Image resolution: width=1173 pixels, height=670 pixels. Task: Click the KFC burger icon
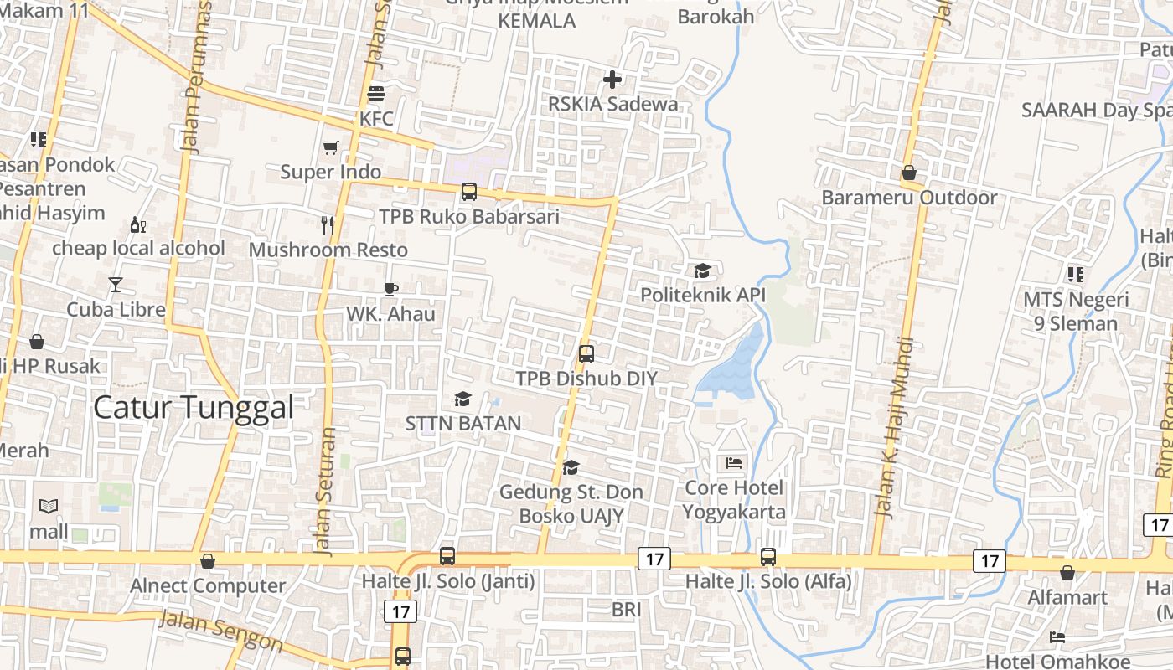click(375, 93)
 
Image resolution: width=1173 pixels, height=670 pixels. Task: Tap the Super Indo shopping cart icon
click(331, 147)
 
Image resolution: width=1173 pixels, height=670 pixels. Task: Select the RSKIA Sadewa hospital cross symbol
click(612, 80)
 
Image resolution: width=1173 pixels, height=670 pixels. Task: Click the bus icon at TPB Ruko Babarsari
click(468, 192)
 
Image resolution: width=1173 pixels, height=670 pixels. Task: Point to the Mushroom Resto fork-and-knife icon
click(328, 224)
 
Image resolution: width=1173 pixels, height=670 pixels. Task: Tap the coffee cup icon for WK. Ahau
click(390, 289)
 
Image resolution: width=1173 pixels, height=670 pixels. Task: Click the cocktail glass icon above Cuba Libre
click(116, 285)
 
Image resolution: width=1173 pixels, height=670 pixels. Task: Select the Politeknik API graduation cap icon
click(702, 271)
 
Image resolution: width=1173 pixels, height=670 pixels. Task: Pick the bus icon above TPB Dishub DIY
click(586, 353)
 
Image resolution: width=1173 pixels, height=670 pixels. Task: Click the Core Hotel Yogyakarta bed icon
click(734, 462)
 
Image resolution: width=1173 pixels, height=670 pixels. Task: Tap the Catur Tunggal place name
click(194, 408)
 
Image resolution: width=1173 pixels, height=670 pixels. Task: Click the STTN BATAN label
click(463, 423)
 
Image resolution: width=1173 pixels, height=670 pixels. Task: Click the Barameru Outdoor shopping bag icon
click(909, 173)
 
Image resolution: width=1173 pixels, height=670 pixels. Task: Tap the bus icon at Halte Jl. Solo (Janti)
click(447, 555)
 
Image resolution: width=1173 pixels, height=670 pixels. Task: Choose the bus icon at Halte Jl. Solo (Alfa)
click(768, 556)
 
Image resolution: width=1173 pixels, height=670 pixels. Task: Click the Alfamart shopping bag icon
click(1067, 573)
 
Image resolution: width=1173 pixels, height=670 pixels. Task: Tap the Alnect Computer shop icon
click(208, 561)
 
